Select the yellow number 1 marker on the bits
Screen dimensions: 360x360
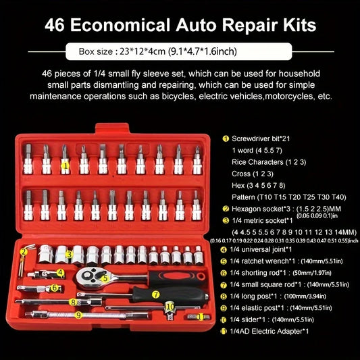pyautogui.click(x=64, y=164)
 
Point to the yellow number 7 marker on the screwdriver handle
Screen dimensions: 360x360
pyautogui.click(x=155, y=294)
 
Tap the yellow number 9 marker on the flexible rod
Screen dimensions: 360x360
pyautogui.click(x=78, y=314)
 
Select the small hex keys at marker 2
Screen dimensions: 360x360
pyautogui.click(x=26, y=260)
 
